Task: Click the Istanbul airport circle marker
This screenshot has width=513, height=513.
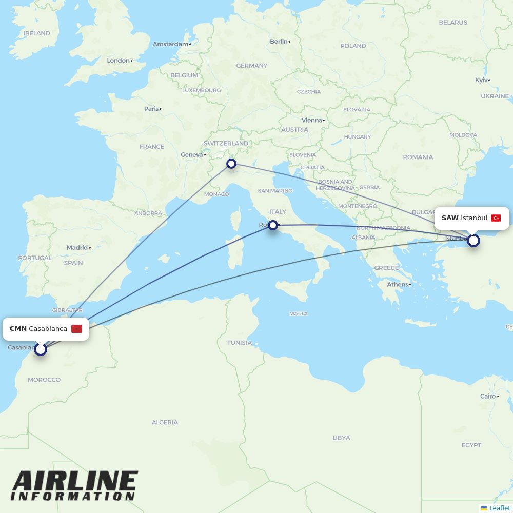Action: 473,240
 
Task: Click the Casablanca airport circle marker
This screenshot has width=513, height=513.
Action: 40,349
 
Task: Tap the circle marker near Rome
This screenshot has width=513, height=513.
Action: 273,225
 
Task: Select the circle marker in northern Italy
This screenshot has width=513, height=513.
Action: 231,164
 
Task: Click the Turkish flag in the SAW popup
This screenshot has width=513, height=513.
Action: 496,218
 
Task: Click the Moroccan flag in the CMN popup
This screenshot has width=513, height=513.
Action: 76,329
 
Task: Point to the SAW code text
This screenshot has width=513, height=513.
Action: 450,218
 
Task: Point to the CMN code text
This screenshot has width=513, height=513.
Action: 18,329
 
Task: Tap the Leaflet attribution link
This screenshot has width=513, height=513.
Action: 499,508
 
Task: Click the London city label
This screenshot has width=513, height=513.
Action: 118,61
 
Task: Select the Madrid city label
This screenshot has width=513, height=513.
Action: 77,248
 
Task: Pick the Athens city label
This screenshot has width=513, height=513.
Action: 398,285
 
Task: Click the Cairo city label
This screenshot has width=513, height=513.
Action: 488,396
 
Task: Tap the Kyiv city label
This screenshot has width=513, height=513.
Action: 481,80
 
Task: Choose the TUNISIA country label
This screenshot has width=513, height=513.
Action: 240,343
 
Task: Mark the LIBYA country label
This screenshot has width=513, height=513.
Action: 341,438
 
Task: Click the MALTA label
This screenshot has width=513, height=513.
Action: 299,313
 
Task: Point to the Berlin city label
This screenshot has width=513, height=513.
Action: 279,42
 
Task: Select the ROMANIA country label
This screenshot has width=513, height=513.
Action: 418,157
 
